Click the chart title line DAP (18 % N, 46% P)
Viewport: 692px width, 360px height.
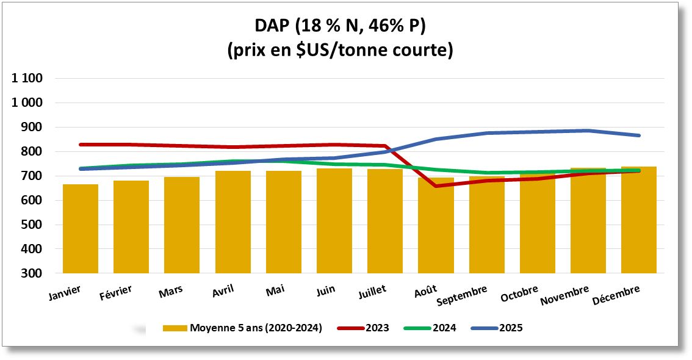click(x=340, y=26)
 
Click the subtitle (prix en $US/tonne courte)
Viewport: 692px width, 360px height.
click(x=340, y=50)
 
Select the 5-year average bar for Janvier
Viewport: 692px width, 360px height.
click(x=81, y=229)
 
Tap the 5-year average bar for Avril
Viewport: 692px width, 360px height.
click(x=232, y=222)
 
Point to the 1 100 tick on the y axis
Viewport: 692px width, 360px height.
click(x=27, y=78)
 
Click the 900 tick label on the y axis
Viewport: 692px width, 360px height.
click(x=32, y=127)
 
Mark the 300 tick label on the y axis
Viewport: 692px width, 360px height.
click(x=32, y=273)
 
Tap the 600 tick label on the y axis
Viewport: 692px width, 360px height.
click(x=32, y=200)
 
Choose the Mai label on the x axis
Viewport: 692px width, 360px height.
click(x=275, y=291)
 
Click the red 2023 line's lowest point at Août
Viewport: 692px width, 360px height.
click(x=436, y=185)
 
